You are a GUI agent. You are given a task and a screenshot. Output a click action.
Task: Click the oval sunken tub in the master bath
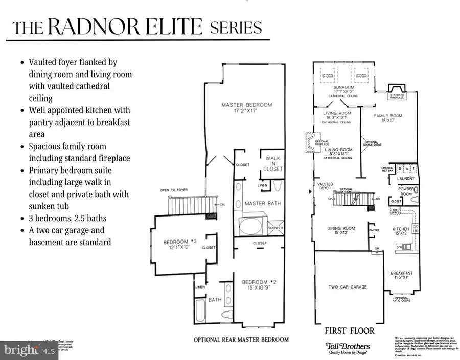pyautogui.click(x=251, y=225)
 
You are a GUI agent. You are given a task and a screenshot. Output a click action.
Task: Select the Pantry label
pyautogui.click(x=373, y=230)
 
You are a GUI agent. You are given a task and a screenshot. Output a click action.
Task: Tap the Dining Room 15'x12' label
pyautogui.click(x=341, y=231)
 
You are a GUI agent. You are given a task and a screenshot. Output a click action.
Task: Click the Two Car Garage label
pyautogui.click(x=348, y=287)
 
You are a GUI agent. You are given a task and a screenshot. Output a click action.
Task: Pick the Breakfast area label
pyautogui.click(x=401, y=276)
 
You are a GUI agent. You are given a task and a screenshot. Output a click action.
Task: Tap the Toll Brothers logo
pyautogui.click(x=349, y=346)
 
